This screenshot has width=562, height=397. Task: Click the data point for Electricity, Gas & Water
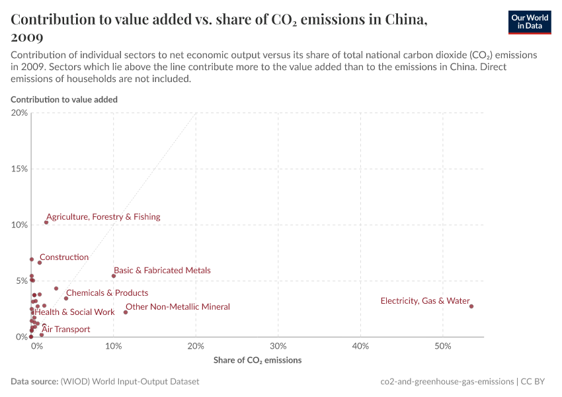[471, 306]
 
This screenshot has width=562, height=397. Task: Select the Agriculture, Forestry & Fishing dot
[46, 222]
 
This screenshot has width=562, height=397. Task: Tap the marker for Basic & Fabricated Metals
[114, 276]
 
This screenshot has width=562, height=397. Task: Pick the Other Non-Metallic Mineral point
[126, 312]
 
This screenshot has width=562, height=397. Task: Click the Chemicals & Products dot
[66, 298]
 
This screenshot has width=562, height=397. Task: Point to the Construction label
[64, 257]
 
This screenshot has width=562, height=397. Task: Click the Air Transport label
[66, 330]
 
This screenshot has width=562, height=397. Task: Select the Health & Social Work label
[75, 312]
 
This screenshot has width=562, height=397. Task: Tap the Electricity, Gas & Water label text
[425, 301]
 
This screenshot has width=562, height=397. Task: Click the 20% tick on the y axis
[20, 113]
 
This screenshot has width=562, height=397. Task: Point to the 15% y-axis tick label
[20, 169]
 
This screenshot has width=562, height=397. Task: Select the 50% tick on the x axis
[443, 346]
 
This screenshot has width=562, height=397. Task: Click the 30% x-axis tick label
[278, 346]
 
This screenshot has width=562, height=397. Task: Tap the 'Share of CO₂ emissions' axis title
[257, 361]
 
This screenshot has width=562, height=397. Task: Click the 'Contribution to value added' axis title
[64, 99]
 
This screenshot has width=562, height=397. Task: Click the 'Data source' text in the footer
[34, 382]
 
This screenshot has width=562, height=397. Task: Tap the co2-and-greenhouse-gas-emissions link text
[447, 382]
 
